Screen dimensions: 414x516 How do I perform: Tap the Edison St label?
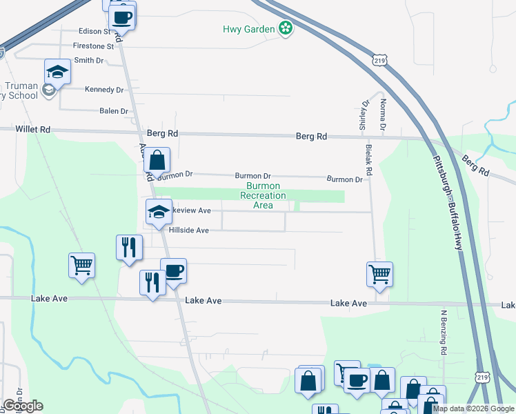pyautogui.click(x=95, y=31)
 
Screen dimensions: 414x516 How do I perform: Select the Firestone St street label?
pyautogui.click(x=92, y=46)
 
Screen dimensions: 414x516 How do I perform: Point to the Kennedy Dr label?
pyautogui.click(x=103, y=90)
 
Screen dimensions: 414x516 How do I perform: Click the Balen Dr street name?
pyautogui.click(x=114, y=110)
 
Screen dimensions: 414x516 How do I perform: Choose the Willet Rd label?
pyautogui.click(x=33, y=129)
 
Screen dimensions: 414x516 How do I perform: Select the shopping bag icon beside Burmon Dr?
pyautogui.click(x=157, y=159)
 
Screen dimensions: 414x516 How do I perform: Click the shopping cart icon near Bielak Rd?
pyautogui.click(x=379, y=274)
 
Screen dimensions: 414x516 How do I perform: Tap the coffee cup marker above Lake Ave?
pyautogui.click(x=173, y=270)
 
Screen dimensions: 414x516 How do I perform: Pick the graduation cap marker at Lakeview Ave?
pyautogui.click(x=159, y=211)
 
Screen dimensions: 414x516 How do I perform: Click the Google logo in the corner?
pyautogui.click(x=23, y=406)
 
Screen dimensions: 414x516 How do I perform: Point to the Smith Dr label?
pyautogui.click(x=88, y=61)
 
